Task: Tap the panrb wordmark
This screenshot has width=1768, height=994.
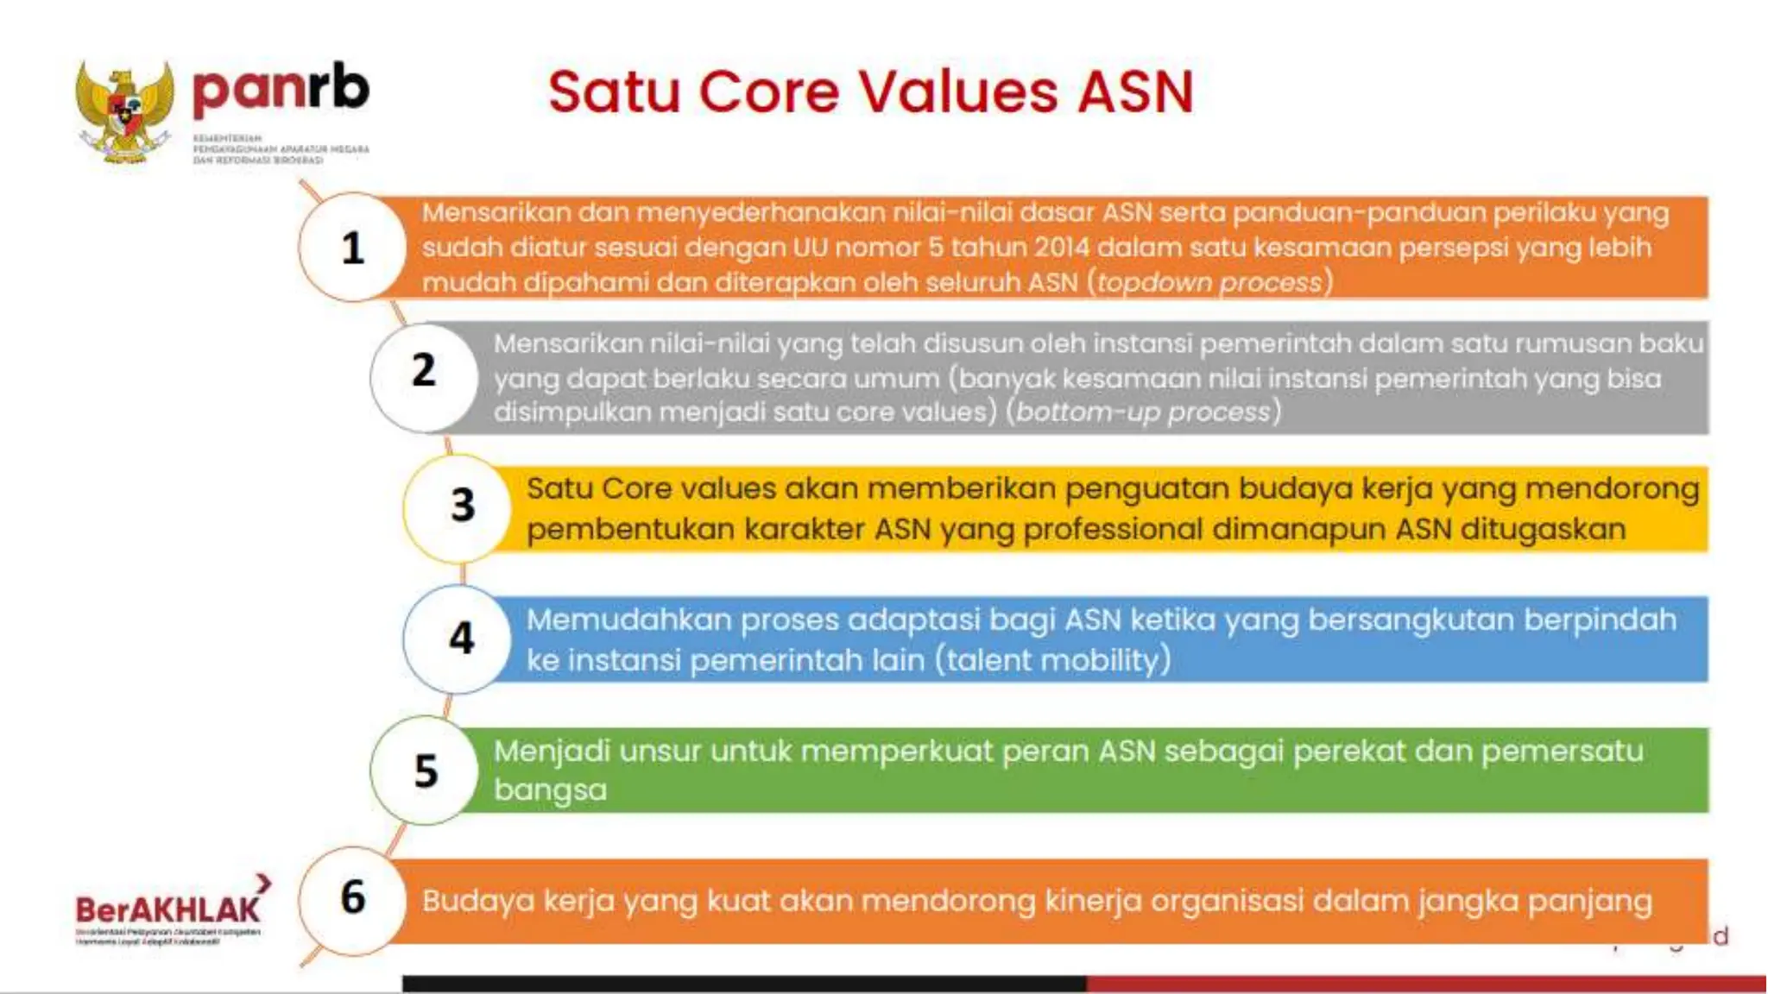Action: tap(281, 88)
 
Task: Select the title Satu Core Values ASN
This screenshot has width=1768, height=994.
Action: tap(870, 91)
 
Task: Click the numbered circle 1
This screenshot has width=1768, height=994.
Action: tap(352, 248)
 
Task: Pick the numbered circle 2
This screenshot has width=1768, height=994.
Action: tap(424, 371)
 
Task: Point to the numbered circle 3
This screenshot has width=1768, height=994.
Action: tap(463, 505)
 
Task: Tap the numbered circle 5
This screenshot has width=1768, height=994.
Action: tap(426, 771)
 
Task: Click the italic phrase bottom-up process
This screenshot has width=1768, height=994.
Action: tap(1143, 412)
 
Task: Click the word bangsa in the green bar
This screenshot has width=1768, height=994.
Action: tap(550, 790)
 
